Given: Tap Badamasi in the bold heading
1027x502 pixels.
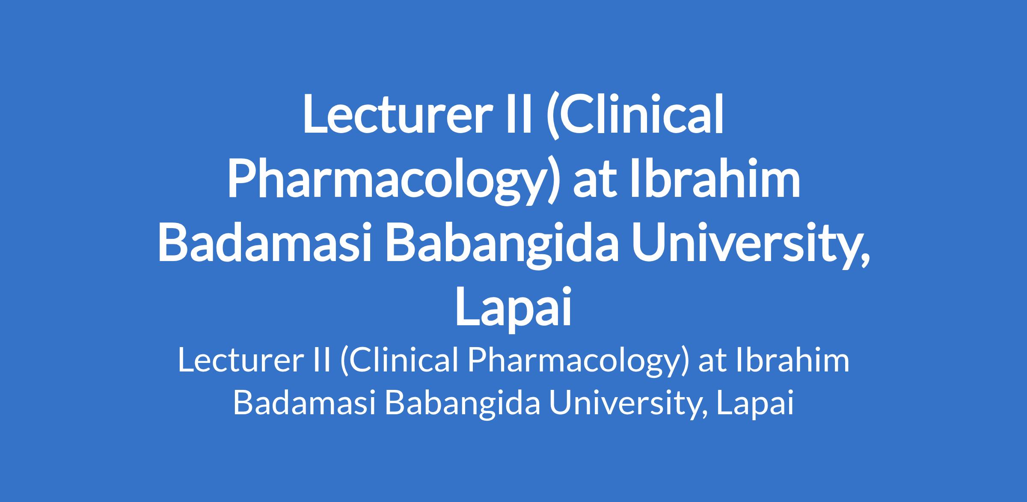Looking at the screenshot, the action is click(264, 242).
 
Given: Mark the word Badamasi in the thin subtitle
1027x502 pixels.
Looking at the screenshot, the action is click(304, 403).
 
